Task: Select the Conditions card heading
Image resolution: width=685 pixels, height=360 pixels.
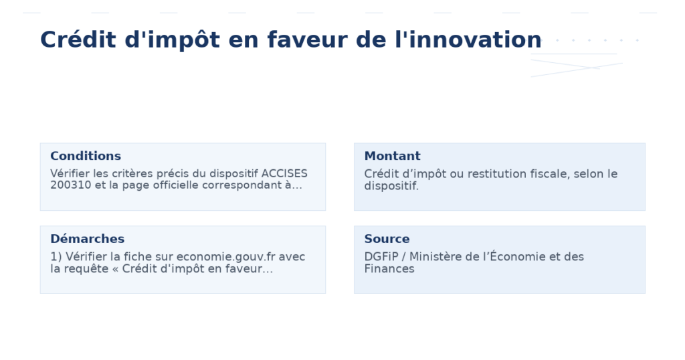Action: pyautogui.click(x=86, y=156)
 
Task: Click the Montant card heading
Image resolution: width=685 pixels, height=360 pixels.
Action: pyautogui.click(x=392, y=156)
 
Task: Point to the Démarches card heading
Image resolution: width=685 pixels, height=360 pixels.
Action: pyautogui.click(x=87, y=239)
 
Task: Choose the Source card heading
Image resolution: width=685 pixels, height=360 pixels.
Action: pyautogui.click(x=387, y=239)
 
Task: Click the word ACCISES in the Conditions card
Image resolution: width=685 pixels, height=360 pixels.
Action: pyautogui.click(x=284, y=174)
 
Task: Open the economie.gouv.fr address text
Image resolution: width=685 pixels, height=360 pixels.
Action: pyautogui.click(x=227, y=257)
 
